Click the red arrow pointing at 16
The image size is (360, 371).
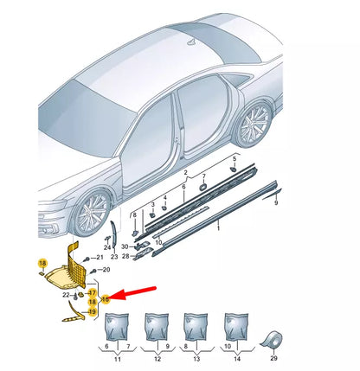[x=132, y=293]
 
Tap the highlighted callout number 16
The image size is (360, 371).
[x=106, y=299]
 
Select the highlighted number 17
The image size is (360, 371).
[x=92, y=293]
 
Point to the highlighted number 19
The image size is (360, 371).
[x=92, y=312]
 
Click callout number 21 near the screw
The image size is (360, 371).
[x=100, y=257]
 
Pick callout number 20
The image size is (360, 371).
[x=106, y=270]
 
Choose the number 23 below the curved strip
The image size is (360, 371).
[x=114, y=256]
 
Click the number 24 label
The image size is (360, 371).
[x=107, y=247]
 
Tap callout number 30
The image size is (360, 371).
[x=125, y=246]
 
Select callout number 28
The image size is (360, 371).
[x=125, y=256]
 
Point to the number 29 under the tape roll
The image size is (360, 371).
[x=273, y=358]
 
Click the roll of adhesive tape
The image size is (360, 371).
[x=273, y=341]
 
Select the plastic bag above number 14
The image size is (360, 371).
[x=236, y=327]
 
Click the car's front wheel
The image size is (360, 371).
[x=92, y=213]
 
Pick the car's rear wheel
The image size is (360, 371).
[x=254, y=124]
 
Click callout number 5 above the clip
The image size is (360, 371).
[x=235, y=159]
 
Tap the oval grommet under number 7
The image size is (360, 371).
[x=202, y=187]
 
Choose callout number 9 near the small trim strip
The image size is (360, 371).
[x=276, y=203]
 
